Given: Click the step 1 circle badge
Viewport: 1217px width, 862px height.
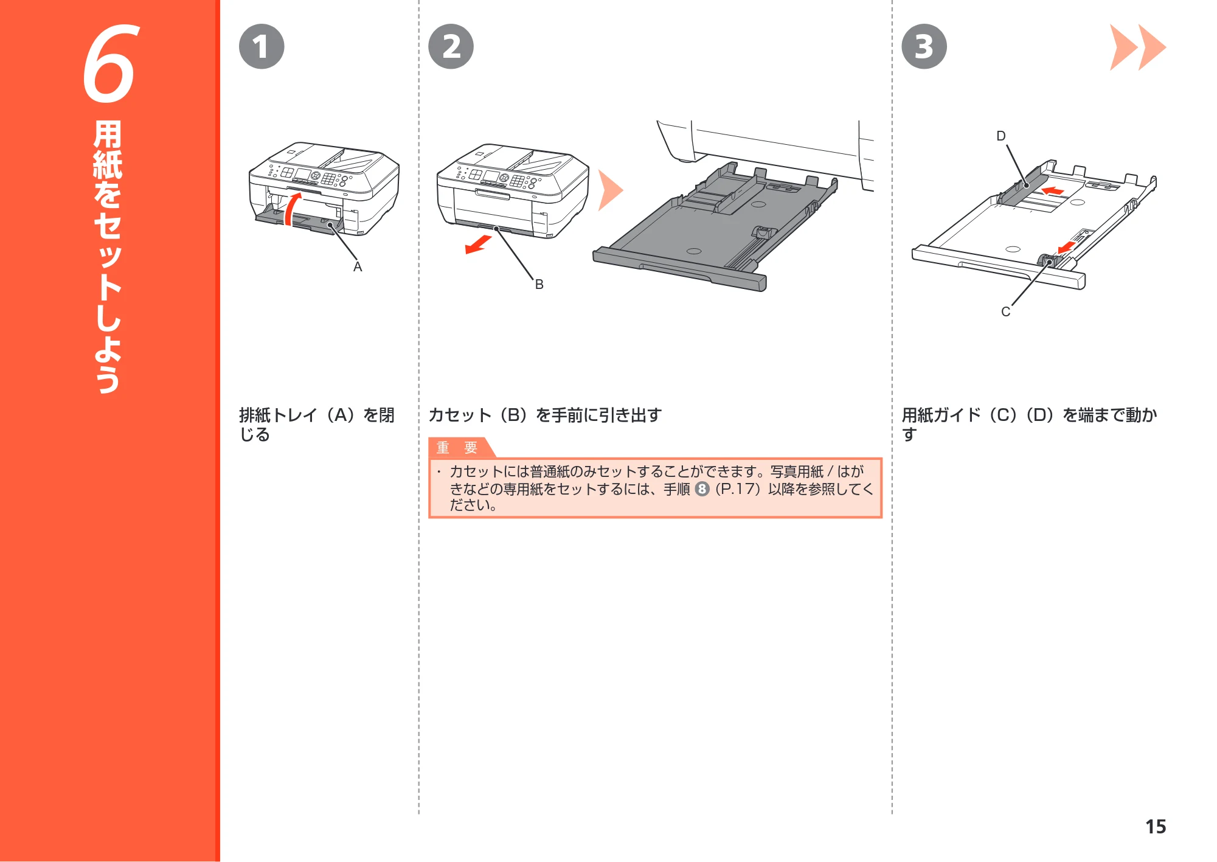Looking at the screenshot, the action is coord(262,47).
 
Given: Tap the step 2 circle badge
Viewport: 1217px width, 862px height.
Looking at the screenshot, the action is coord(451,47).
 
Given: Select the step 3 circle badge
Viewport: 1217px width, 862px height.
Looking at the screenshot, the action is coord(924,47).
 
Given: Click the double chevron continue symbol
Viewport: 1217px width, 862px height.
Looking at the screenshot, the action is coord(1137,47).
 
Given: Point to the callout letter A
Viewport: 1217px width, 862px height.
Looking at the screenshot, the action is coord(358,267).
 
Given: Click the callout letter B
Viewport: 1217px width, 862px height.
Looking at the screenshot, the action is coord(539,284).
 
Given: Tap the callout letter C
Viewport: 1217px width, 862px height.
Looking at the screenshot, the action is coord(1005,311).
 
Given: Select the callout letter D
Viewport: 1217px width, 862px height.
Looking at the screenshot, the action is coord(1001,136).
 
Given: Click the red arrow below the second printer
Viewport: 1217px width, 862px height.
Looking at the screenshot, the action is coord(478,245).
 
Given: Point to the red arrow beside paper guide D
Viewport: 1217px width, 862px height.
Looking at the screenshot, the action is coord(1053,191).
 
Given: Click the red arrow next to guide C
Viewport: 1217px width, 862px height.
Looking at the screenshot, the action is coord(1066,246).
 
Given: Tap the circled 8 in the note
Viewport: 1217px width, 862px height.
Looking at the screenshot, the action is coord(702,489).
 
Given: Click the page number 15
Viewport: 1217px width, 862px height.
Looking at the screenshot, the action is coord(1156,827).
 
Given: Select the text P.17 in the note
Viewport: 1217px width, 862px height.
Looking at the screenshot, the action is coord(738,489).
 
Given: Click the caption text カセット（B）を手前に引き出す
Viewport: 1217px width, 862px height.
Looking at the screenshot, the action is coord(545,415).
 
